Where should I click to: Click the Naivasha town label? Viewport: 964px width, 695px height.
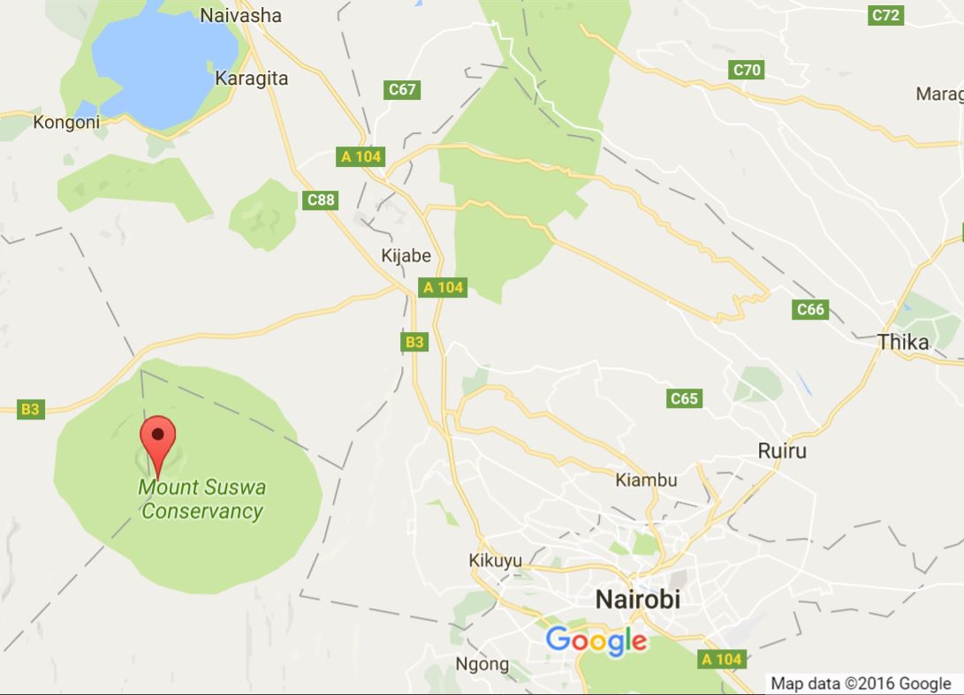point(240,15)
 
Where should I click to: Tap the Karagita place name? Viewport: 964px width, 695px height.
point(251,79)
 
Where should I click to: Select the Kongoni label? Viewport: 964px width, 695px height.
point(66,122)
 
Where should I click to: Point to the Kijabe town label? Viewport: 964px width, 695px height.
point(406,256)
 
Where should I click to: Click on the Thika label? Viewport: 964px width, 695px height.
point(903,343)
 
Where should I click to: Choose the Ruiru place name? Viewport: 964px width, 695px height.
point(782,450)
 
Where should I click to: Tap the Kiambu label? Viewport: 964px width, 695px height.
point(646,480)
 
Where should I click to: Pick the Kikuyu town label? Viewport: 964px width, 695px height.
point(495,561)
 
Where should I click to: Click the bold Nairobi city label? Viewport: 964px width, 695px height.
point(638,599)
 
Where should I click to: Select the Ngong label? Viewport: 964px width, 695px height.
point(482,664)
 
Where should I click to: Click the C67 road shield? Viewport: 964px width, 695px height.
point(402,89)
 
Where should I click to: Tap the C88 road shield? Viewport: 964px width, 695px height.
point(321,200)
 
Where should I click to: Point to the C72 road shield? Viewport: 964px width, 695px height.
point(885,15)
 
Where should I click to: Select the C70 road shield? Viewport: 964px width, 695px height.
point(747,69)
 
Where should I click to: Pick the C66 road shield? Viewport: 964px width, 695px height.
point(810,309)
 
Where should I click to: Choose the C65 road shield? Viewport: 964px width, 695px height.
point(684,398)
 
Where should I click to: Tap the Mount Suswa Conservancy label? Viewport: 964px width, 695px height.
point(202,499)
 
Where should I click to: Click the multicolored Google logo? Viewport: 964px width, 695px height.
point(596,640)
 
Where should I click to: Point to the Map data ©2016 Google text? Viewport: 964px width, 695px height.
point(861,683)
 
